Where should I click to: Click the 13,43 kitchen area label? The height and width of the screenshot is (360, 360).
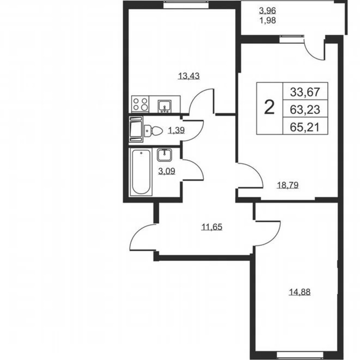[189, 76]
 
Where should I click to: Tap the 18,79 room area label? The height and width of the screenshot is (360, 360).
[287, 185]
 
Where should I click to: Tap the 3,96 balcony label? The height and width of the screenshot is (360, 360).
[267, 11]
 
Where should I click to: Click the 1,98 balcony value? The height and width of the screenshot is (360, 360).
[267, 21]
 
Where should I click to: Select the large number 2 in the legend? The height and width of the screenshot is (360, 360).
[269, 108]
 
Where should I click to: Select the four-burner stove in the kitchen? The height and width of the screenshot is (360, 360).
[140, 104]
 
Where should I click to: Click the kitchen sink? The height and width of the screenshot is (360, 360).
[165, 105]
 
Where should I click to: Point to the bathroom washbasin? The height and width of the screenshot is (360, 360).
[164, 154]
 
